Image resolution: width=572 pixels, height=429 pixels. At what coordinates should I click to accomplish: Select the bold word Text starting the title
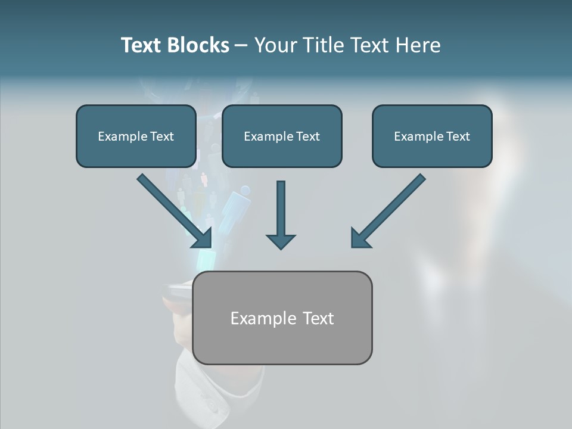pos(141,45)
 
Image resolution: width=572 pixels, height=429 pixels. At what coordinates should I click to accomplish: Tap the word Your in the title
pos(276,45)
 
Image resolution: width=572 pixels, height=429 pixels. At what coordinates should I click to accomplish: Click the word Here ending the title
pos(416,45)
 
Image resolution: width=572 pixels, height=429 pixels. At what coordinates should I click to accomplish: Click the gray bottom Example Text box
pos(282,346)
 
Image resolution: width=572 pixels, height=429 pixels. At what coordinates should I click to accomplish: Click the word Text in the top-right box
pos(458,136)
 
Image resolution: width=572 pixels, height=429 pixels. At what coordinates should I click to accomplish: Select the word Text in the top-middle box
pos(307,136)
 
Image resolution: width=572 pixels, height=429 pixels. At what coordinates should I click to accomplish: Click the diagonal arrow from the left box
pos(175,211)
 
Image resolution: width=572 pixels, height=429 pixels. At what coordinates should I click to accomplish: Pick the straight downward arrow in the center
pos(281,214)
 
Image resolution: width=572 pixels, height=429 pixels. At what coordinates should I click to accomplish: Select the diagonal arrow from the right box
pos(388,211)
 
